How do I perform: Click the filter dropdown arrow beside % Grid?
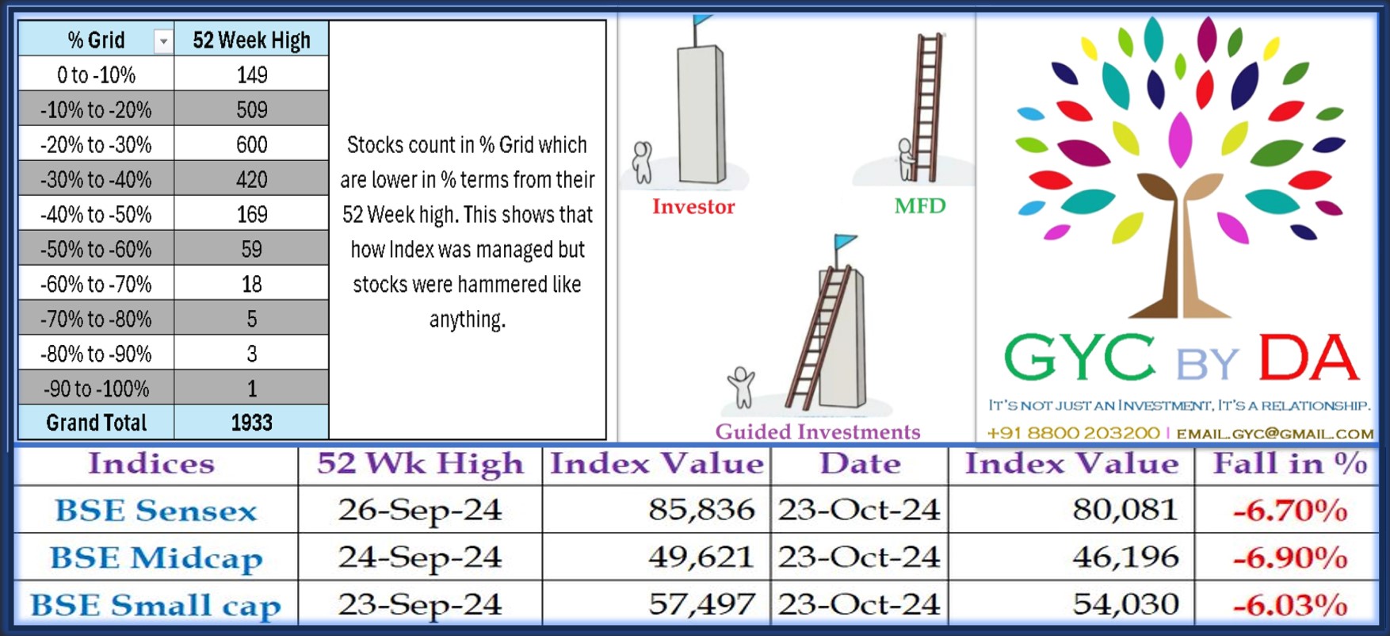click(x=163, y=40)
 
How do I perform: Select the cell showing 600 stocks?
click(x=252, y=144)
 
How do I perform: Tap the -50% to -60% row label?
click(x=96, y=249)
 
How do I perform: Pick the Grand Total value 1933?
click(x=252, y=423)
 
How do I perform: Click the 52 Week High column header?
click(x=251, y=40)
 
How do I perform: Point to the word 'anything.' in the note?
click(x=467, y=319)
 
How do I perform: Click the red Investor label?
click(x=693, y=206)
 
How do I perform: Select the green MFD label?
click(x=920, y=206)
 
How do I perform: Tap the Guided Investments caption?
click(x=818, y=431)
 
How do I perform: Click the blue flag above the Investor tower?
click(x=702, y=20)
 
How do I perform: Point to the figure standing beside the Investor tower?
click(x=642, y=162)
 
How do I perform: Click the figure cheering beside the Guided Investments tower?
click(x=741, y=387)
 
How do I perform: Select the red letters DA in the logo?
click(x=1308, y=358)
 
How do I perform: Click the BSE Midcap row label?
click(x=156, y=557)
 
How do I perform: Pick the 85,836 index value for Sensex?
click(x=701, y=510)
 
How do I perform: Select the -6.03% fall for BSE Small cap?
click(x=1290, y=605)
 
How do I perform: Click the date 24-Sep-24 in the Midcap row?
click(x=420, y=557)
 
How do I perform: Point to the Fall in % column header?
click(x=1290, y=463)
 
